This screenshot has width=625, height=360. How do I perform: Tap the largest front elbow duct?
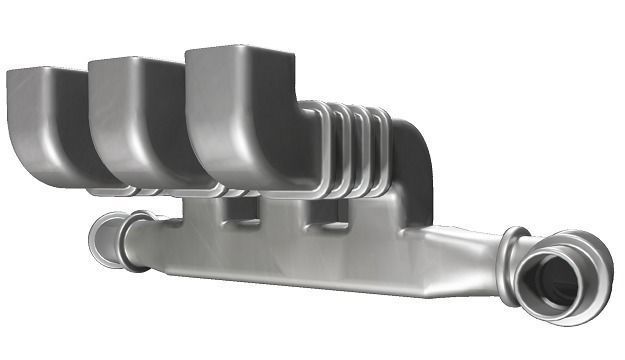coord(240,120)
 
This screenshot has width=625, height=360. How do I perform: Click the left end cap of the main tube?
coord(104,240)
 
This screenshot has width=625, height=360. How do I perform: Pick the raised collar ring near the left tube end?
coord(134,240)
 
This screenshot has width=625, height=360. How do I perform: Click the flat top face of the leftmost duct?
coord(45,71)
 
